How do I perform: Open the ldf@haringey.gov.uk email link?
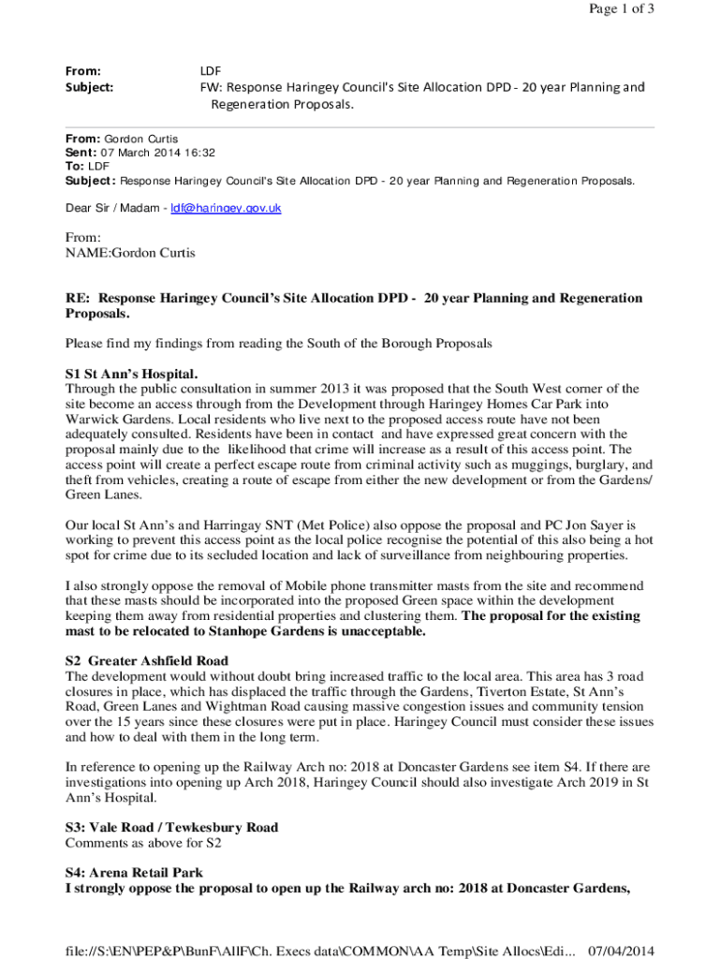click(226, 208)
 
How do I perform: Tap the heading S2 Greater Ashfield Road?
click(147, 661)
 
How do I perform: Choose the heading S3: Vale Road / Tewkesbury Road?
click(171, 828)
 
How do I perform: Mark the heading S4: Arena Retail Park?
click(135, 873)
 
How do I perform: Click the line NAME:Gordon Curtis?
click(130, 253)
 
